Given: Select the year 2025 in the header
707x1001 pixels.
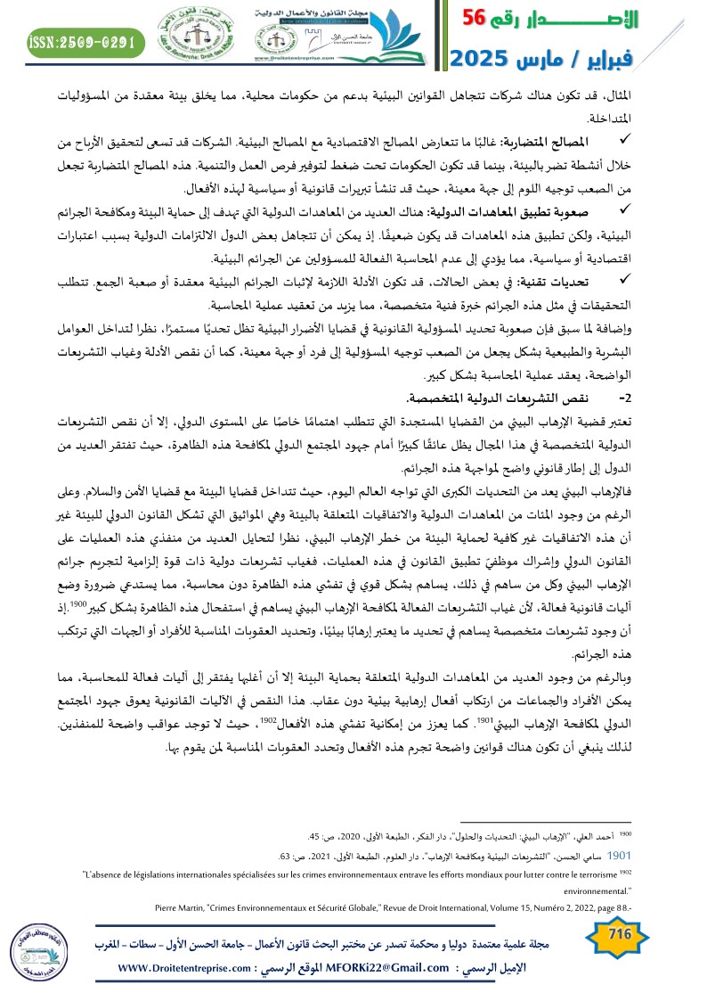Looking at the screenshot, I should (x=481, y=59).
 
